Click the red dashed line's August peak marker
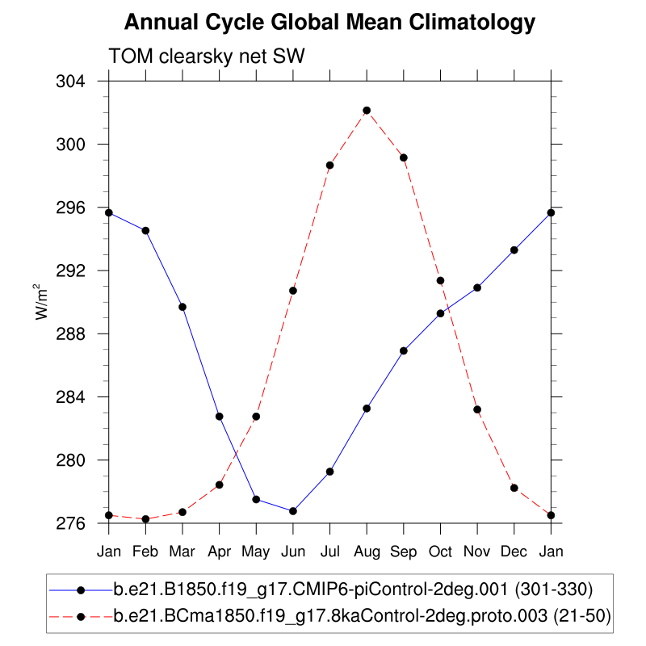(367, 110)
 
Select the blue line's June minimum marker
(293, 511)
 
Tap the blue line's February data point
(145, 231)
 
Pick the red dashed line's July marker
(329, 165)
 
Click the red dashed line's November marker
(477, 409)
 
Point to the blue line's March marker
(182, 307)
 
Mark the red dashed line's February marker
(145, 518)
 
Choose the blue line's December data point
(514, 250)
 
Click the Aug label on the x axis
(367, 551)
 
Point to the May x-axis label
(256, 551)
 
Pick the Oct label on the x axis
(440, 551)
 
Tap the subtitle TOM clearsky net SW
(205, 55)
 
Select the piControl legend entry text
(354, 589)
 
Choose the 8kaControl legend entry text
(362, 616)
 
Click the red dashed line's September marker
(404, 157)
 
